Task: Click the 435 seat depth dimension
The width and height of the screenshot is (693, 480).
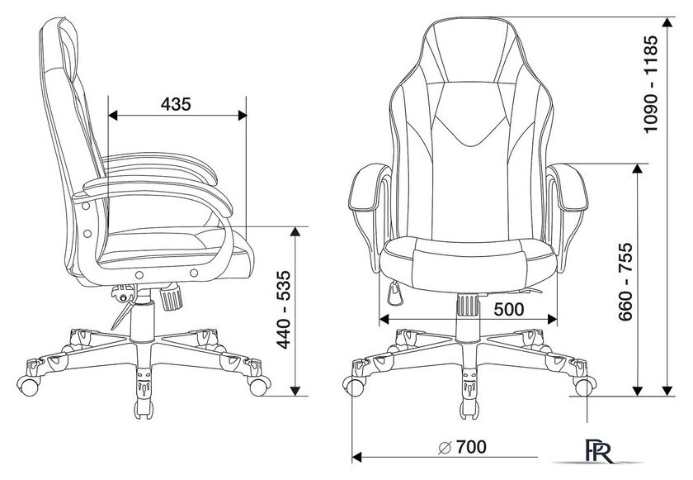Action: (176, 104)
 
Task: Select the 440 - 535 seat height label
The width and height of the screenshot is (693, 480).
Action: (283, 310)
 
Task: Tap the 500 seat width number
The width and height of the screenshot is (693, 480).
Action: (509, 310)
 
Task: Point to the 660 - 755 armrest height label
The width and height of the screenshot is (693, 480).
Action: (625, 282)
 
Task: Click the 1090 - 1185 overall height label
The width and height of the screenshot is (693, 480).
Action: (651, 84)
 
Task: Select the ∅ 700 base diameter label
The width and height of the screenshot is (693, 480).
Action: (462, 447)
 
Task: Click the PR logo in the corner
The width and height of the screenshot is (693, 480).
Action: (600, 451)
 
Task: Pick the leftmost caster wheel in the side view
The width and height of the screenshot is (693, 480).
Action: (28, 386)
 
